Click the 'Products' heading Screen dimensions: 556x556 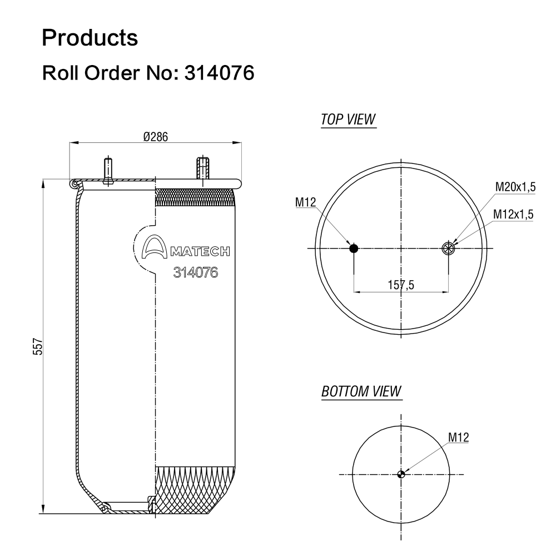[90, 38]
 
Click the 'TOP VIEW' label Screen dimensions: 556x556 [349, 120]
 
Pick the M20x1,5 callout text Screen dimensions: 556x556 [515, 187]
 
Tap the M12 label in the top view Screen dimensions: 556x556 [305, 202]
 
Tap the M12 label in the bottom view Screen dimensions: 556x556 [458, 438]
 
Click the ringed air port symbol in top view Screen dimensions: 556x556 [448, 249]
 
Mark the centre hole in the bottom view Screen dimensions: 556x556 [401, 474]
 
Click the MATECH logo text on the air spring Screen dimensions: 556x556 [199, 252]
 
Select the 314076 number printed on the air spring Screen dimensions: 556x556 [195, 272]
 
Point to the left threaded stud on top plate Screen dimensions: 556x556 [107, 169]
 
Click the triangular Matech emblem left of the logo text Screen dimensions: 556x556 [154, 249]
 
